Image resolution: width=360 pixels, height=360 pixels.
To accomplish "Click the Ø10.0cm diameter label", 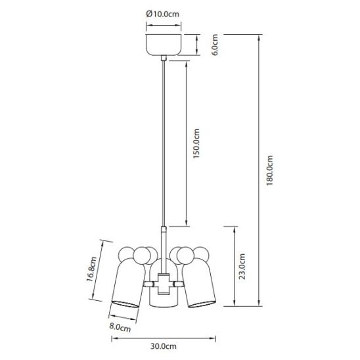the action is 162,14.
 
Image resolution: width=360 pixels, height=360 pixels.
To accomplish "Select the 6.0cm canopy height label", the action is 215,45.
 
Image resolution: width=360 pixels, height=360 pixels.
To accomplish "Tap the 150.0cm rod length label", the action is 196,143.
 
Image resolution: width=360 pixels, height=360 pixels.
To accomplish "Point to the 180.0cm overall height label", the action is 270,170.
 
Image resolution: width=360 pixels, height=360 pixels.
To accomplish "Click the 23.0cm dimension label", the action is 242,266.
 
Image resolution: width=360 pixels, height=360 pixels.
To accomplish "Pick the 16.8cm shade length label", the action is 91,269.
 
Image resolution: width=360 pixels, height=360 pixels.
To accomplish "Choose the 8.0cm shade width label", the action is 120,327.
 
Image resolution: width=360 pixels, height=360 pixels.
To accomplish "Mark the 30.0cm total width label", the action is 164,346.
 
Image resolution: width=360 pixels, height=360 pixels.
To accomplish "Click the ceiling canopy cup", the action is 164,45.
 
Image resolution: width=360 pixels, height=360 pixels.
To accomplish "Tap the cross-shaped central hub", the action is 164,284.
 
